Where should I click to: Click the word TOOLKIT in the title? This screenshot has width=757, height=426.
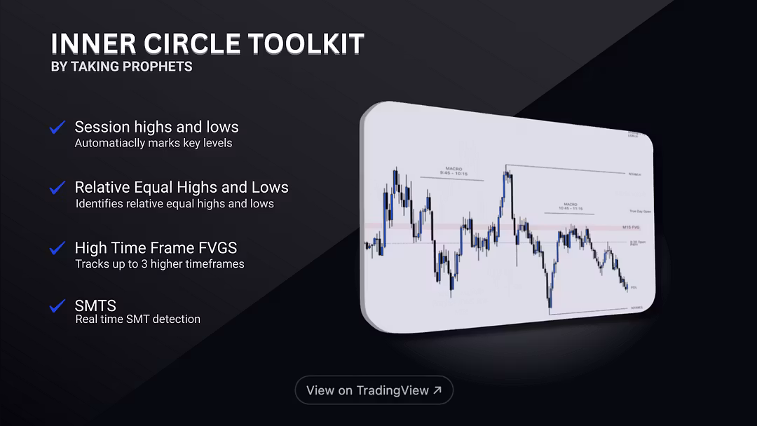pos(304,44)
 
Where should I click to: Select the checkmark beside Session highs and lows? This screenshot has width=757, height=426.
pos(57,128)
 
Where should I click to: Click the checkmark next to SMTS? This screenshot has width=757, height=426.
pos(57,306)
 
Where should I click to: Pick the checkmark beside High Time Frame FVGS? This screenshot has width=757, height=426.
pos(57,248)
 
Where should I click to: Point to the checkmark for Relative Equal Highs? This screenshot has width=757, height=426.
pos(57,188)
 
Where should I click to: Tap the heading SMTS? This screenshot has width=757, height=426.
pos(95,305)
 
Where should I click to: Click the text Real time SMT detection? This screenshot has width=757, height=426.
pos(137,319)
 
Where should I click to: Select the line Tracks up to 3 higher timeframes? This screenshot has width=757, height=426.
pos(159,264)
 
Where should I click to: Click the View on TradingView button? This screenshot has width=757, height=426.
pos(374,390)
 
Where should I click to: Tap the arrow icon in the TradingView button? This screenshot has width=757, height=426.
pos(437,390)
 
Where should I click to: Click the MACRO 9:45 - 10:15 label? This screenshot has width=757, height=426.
pos(452,171)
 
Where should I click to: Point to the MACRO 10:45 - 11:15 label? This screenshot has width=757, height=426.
pos(571,206)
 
